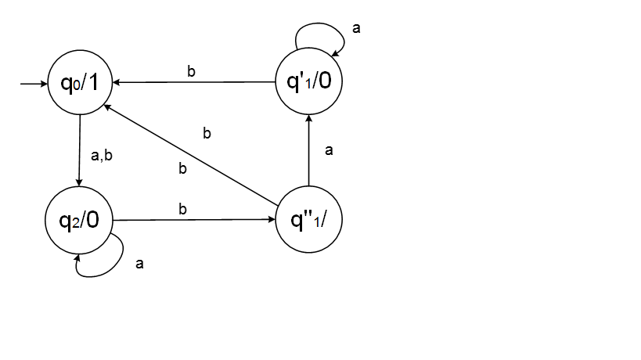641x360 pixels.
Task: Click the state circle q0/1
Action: (81, 81)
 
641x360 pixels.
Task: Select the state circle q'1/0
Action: (309, 81)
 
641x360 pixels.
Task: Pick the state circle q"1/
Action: (309, 220)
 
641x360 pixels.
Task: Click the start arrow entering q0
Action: (34, 81)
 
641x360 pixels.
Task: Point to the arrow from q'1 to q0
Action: (195, 81)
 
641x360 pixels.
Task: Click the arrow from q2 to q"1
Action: (195, 220)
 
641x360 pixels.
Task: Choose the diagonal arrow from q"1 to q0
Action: (192, 149)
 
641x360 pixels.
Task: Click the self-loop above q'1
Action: (319, 33)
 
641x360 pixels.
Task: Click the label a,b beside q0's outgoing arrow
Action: (103, 157)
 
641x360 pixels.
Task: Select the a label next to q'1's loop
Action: (357, 29)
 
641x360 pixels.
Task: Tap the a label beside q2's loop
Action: (140, 265)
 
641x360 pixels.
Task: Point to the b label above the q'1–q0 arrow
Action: (192, 71)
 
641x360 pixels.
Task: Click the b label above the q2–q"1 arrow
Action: (183, 210)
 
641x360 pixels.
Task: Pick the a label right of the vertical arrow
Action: (329, 151)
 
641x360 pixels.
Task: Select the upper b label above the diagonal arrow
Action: (207, 134)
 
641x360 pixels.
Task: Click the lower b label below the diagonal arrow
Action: (183, 168)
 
